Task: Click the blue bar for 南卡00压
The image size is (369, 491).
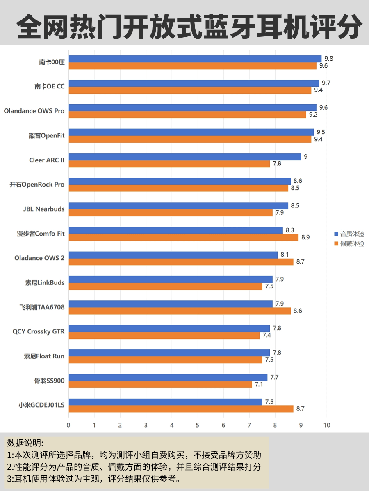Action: (195, 59)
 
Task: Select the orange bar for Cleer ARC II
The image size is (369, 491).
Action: (169, 164)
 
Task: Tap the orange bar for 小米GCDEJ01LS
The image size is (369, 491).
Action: (181, 409)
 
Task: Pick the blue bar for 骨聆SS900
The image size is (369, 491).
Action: (168, 377)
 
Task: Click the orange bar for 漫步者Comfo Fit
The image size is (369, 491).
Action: (183, 237)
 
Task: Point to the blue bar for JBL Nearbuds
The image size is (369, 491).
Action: (178, 205)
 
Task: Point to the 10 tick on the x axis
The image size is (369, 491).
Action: (327, 425)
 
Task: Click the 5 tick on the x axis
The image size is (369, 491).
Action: (198, 425)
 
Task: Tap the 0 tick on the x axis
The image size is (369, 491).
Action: (68, 425)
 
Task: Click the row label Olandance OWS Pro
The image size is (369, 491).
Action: (34, 111)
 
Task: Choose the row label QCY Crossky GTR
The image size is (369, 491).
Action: (39, 331)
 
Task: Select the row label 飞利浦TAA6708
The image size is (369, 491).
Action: (42, 307)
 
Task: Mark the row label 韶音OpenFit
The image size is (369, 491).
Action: (46, 135)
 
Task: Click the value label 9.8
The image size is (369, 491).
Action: (328, 58)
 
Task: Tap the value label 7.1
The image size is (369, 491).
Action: (259, 385)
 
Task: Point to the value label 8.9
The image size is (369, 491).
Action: (305, 237)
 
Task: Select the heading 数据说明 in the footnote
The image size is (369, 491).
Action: (25, 443)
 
